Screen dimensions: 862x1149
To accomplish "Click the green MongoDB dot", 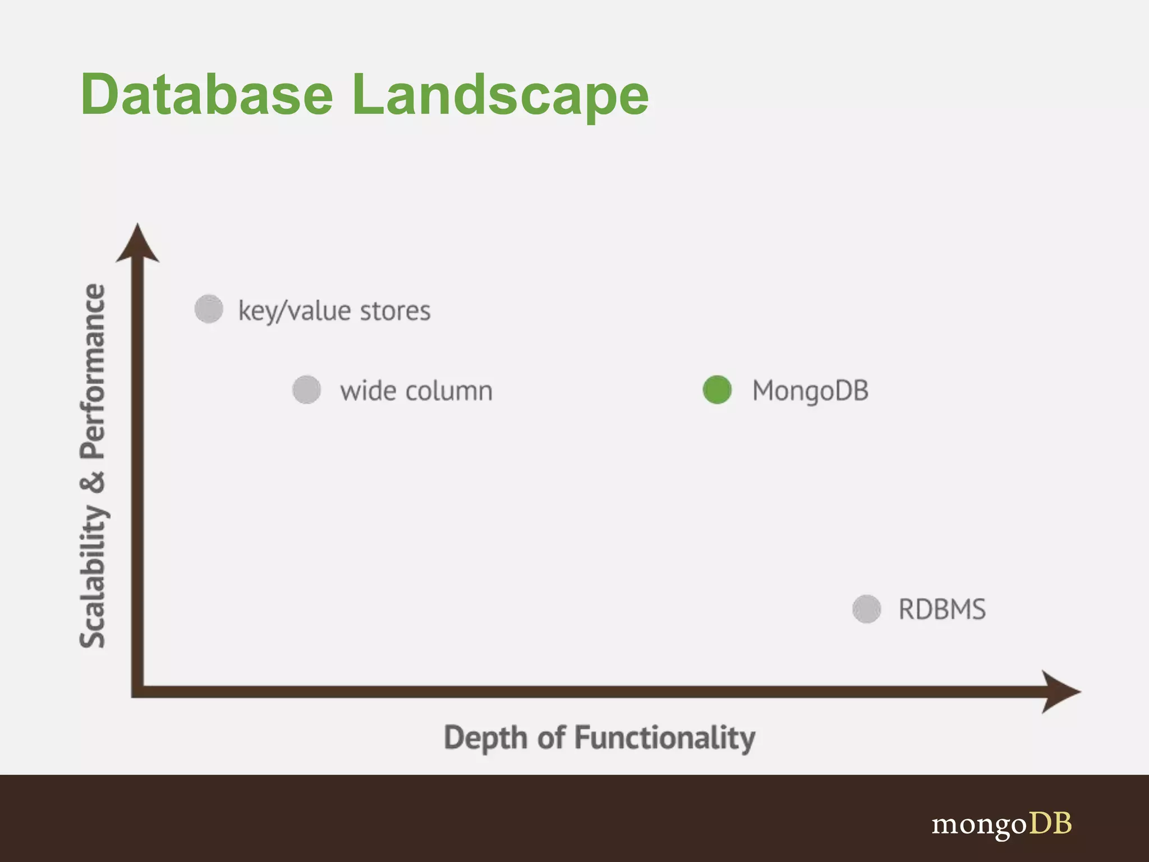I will click(716, 389).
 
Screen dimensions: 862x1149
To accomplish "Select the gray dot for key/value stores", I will click(209, 309).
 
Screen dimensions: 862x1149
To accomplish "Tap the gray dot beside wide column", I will click(306, 389).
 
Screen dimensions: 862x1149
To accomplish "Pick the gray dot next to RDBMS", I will click(866, 609).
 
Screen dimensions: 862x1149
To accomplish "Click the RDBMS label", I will click(942, 609).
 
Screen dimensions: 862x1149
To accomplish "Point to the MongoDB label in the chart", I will click(810, 391).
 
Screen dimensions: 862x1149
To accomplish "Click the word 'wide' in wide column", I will click(367, 391).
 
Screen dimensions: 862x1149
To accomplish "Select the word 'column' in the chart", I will click(449, 391).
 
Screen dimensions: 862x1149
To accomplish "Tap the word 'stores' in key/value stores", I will click(395, 311).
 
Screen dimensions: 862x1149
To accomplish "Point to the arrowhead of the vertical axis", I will click(137, 244).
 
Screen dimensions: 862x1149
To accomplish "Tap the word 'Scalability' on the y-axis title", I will click(93, 575).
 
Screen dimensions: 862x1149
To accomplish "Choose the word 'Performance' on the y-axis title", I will click(93, 371).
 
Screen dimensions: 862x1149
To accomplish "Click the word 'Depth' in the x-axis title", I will click(486, 737).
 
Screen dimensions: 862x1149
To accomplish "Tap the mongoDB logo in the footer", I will click(1001, 824).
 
